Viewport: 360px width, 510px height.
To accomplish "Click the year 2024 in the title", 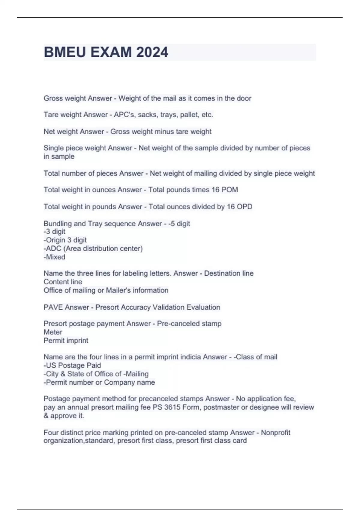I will pos(152,52).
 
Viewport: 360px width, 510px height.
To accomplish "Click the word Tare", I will pos(50,115).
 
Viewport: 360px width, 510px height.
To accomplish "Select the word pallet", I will pos(189,115).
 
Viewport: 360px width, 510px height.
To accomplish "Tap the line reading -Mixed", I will pos(54,257).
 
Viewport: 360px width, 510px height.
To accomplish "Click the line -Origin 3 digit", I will pos(65,240).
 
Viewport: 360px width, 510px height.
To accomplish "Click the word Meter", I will pos(53,332).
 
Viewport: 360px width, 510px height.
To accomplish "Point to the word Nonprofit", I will pos(275,433).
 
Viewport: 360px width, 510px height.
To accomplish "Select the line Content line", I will pos(63,282).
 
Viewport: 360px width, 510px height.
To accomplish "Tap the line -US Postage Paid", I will pos(72,365).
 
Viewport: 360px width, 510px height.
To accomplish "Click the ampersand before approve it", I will pos(46,416).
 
